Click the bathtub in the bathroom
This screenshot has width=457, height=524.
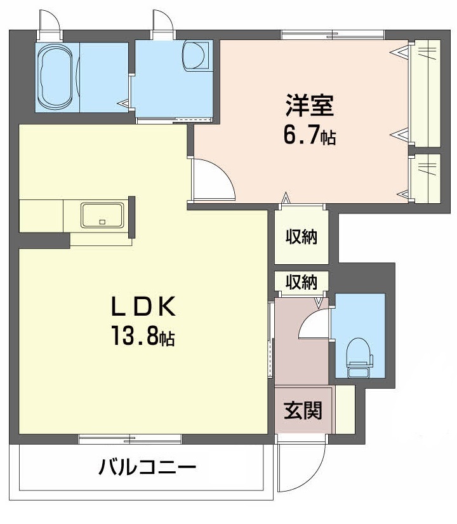56,76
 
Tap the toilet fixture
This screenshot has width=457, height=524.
359,358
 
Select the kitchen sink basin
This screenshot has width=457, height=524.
103,215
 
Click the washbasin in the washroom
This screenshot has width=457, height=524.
195,55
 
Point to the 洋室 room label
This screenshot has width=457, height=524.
310,105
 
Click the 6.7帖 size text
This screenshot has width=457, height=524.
310,135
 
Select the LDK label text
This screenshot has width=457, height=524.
143,307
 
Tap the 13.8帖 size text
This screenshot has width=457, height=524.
143,335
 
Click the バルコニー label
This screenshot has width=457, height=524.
147,467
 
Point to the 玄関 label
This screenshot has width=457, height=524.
303,410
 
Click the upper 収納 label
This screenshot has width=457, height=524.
301,237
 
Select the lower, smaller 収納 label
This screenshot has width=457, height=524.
301,282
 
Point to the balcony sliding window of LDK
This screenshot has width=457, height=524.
130,439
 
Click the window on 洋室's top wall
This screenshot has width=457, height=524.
333,35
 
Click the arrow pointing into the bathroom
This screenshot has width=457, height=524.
123,104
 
